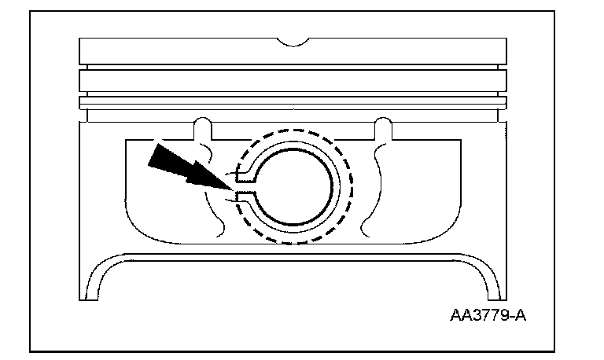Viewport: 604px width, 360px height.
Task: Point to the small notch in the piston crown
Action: click(x=293, y=39)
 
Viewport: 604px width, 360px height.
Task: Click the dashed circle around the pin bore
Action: click(x=350, y=186)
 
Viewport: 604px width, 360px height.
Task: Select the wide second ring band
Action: click(x=293, y=82)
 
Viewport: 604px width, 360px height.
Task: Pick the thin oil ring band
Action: click(x=293, y=102)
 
